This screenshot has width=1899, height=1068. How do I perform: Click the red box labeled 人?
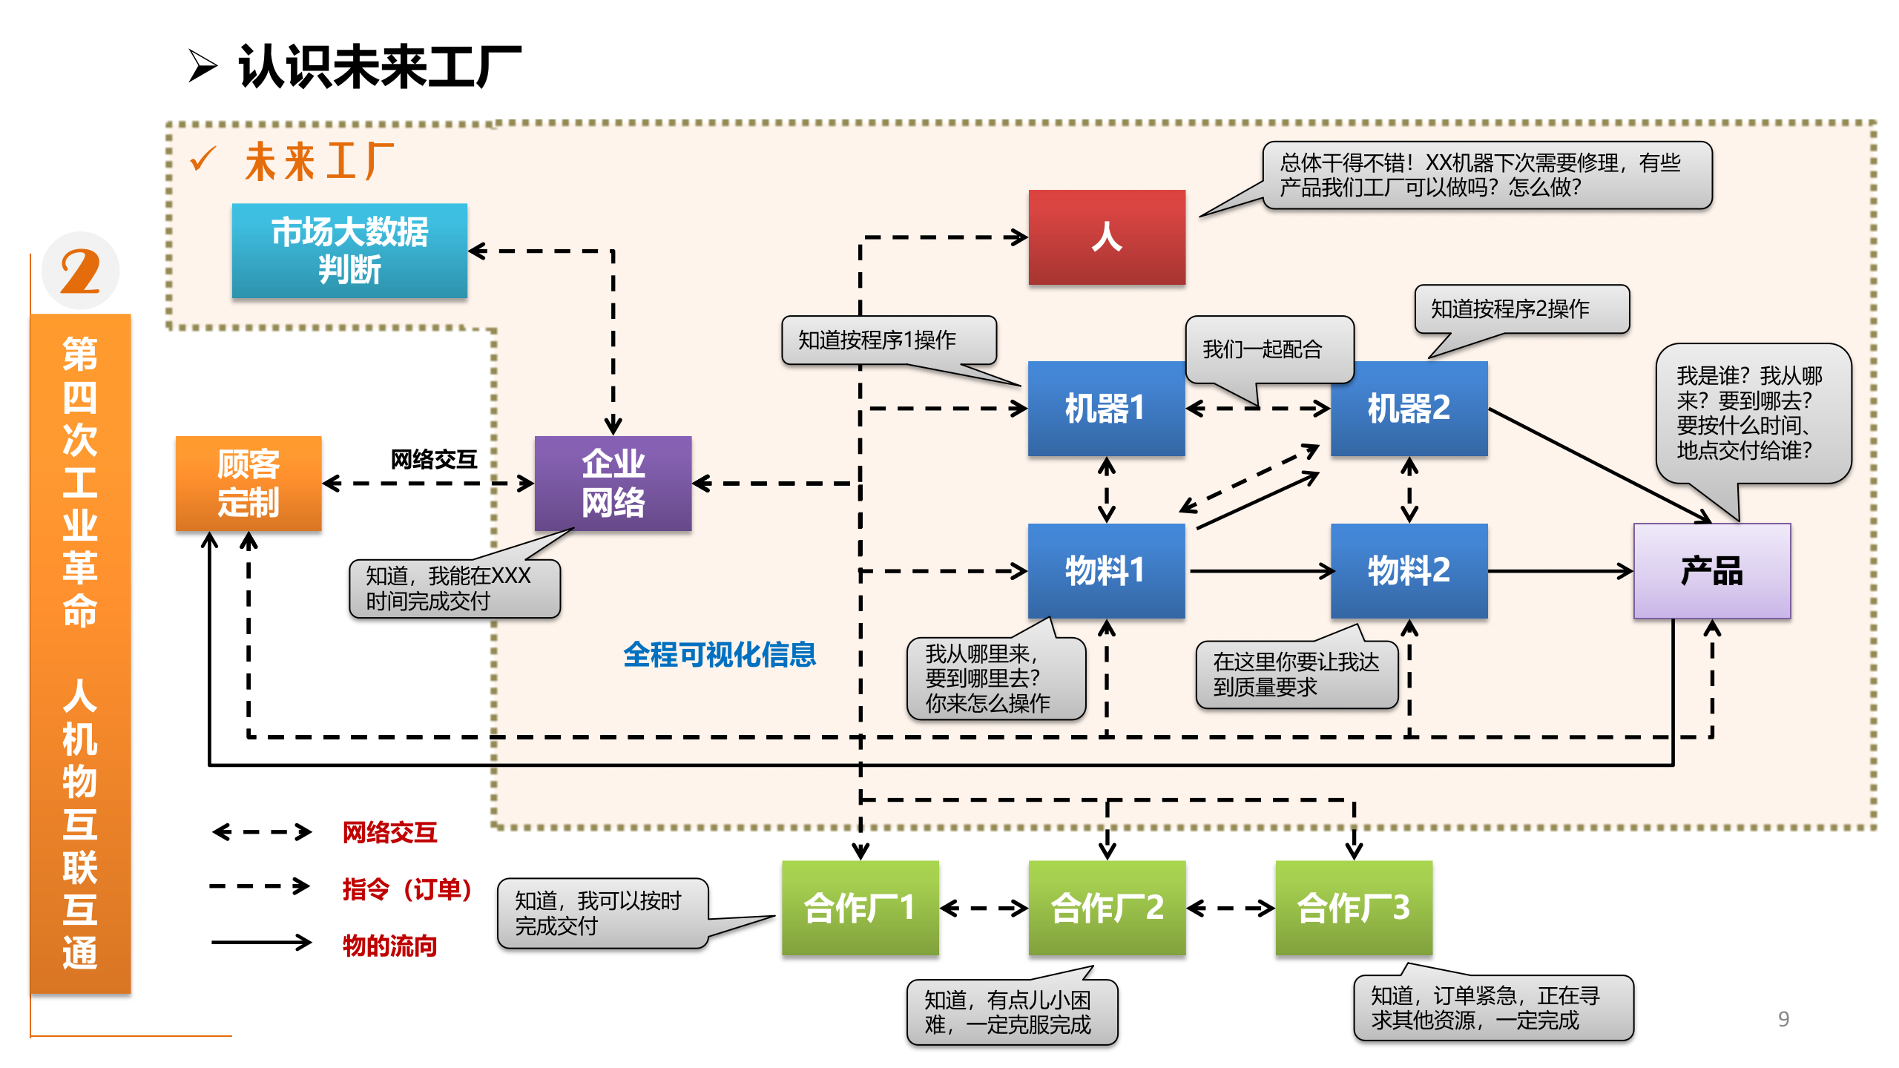point(1106,237)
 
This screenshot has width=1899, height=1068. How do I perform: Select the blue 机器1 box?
point(1105,408)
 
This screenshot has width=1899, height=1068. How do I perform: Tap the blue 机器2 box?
point(1408,408)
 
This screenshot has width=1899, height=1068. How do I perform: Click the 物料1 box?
point(1105,570)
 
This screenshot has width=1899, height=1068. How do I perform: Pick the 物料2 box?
point(1408,570)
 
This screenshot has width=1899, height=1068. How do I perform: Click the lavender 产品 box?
point(1711,570)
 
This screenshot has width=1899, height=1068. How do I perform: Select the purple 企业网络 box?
point(613,483)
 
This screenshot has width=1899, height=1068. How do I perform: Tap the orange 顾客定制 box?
point(249,483)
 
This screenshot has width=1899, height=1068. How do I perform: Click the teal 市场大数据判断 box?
point(349,251)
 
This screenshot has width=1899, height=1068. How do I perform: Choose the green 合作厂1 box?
point(860,907)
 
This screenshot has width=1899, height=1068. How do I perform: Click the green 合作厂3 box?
point(1353,907)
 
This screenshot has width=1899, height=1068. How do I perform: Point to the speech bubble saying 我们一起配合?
point(1268,349)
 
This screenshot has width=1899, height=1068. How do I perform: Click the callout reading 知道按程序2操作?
point(1521,309)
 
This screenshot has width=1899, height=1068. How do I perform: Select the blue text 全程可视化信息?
point(719,654)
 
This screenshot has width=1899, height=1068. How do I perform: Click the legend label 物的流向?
point(389,946)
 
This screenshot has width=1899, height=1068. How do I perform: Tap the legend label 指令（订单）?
point(407,889)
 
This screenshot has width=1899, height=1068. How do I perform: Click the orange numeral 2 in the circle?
point(80,271)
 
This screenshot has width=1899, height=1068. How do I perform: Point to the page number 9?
point(1783,1019)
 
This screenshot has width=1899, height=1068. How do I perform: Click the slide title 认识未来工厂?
point(379,67)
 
